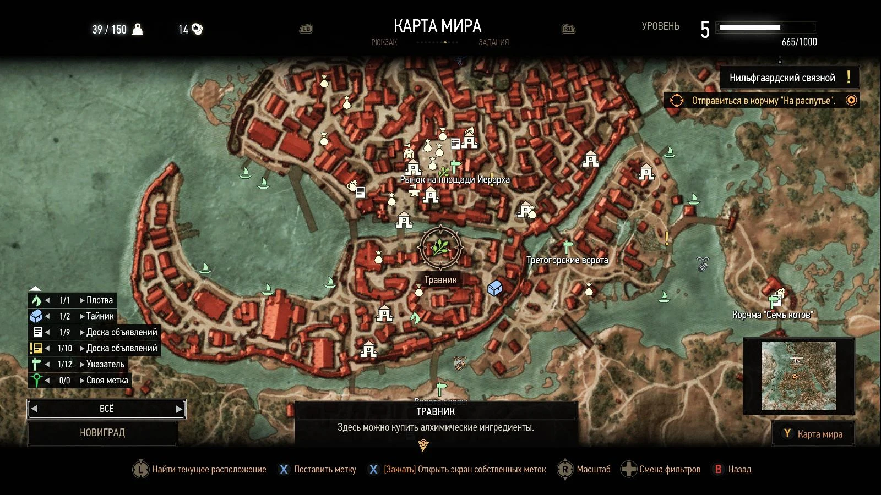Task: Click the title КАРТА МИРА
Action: pos(437,26)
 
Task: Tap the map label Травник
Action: pos(440,280)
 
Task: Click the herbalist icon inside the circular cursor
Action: pos(440,247)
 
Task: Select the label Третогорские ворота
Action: pos(567,260)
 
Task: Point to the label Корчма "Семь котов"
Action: pos(772,315)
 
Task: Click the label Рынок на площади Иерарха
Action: pos(455,179)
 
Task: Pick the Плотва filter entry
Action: pos(99,300)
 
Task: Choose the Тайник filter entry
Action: pos(100,316)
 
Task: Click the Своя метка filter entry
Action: pos(107,380)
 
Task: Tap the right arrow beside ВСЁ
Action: pos(179,409)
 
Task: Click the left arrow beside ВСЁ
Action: pos(35,409)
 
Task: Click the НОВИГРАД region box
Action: pos(102,433)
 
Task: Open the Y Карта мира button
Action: pos(813,434)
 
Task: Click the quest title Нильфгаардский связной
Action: pos(782,78)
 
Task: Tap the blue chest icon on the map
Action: pos(494,288)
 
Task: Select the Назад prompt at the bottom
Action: pos(739,469)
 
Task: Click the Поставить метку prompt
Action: pos(325,469)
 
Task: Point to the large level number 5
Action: pos(705,30)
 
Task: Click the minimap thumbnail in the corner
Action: pos(798,376)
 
